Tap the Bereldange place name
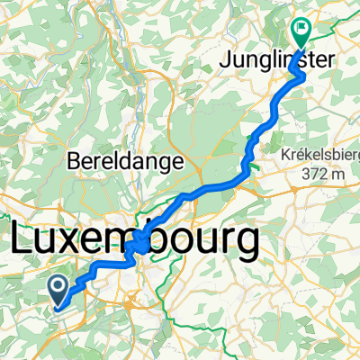click(125, 163)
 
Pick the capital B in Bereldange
click(73, 163)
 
